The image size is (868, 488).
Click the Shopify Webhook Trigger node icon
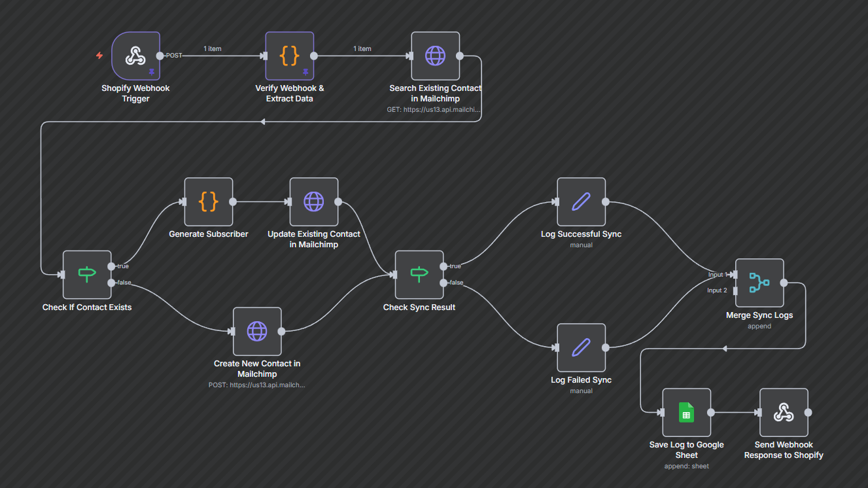coord(135,56)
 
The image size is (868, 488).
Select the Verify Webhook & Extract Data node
coord(289,56)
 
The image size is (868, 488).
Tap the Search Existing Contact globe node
coord(435,56)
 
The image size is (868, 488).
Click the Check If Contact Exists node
coord(87,274)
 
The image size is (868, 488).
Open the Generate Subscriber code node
coord(208,201)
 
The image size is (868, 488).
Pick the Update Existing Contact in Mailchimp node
coord(313,201)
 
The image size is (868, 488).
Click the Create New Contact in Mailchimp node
coord(257,331)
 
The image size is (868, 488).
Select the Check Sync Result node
coord(419,274)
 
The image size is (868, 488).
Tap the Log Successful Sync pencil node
coord(581,201)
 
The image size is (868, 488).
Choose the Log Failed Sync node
coord(581,347)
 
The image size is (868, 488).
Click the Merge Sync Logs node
coord(759,283)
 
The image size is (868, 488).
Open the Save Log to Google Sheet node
coord(686,412)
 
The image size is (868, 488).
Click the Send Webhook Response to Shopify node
coord(784,412)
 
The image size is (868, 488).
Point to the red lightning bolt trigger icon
coord(99,56)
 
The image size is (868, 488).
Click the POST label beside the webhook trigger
coord(174,56)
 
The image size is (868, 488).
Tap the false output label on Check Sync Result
coord(456,283)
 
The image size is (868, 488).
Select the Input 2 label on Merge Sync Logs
coord(717,290)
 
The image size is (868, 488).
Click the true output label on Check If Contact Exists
coord(123,266)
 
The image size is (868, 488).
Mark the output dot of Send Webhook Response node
coord(808,412)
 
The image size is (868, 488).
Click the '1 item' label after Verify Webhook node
coord(362,49)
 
